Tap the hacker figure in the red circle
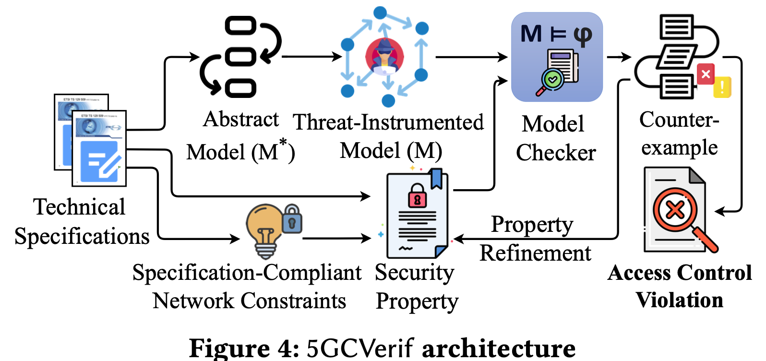pos(384,57)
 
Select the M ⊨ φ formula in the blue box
pos(556,35)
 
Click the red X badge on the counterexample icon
pos(706,74)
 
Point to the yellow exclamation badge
pos(722,87)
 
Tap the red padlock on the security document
pos(417,196)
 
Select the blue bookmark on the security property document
pos(436,178)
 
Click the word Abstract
pos(241,120)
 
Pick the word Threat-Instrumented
pos(388,122)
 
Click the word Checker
pos(556,153)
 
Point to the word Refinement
pos(535,253)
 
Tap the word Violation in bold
pos(679,300)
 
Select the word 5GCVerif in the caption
pos(360,348)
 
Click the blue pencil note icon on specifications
pos(99,161)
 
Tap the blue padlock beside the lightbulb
pos(292,219)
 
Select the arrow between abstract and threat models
pos(312,57)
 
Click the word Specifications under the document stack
pos(82,236)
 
